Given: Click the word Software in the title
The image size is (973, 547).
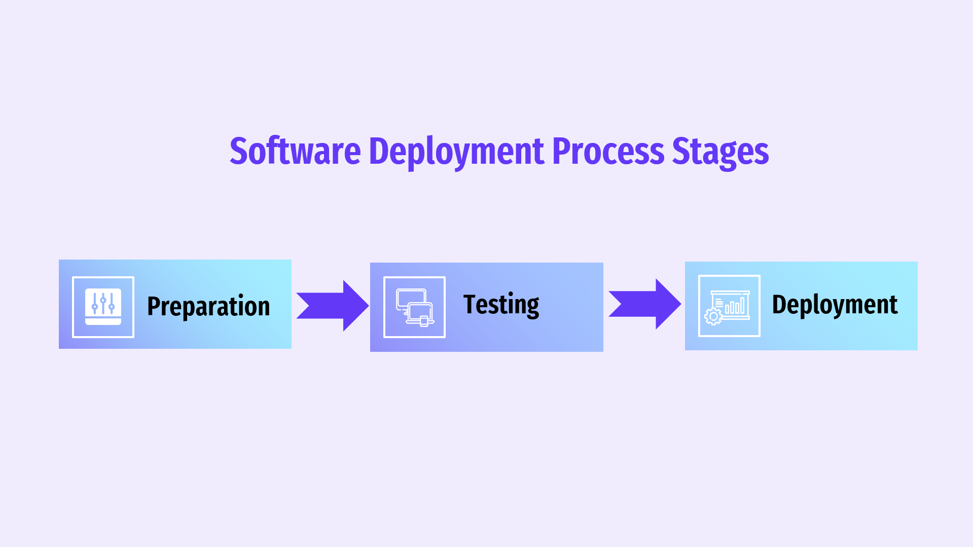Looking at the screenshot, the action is tap(295, 151).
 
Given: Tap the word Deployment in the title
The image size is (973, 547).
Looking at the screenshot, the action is tap(456, 152).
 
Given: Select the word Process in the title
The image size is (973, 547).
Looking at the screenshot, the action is tap(608, 151).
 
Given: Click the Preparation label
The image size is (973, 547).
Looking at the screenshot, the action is tap(208, 306).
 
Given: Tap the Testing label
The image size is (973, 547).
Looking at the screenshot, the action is tap(501, 305).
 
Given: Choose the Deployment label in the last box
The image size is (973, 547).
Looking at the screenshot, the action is tap(835, 305).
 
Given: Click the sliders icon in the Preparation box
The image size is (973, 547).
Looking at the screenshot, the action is tap(103, 307).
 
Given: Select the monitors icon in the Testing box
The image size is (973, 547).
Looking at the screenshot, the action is tap(415, 307).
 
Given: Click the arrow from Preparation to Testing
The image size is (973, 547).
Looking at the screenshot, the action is tap(333, 306).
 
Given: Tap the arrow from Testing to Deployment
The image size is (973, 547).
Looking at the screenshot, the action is tap(645, 304).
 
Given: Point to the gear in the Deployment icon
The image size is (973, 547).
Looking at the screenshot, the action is tap(713, 317).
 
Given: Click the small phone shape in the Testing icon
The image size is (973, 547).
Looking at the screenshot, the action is tap(424, 321).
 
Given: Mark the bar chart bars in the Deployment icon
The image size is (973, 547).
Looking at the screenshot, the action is tap(735, 306).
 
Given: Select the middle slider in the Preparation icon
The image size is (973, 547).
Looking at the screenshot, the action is tap(103, 303).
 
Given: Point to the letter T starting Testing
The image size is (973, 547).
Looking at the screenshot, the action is tap(471, 304).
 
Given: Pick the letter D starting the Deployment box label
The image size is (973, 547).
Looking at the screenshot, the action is tap(779, 304).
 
